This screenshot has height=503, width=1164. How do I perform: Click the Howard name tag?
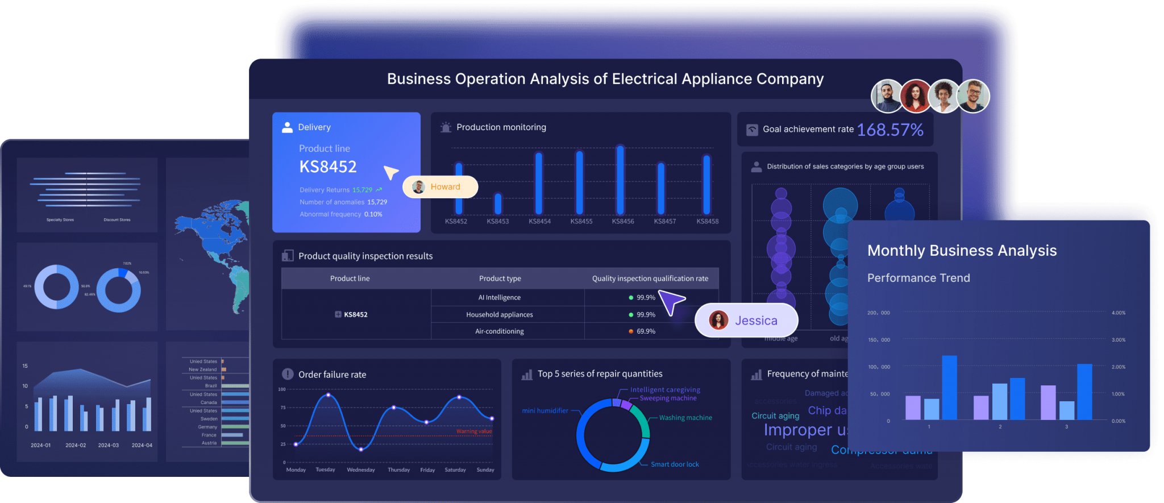440,187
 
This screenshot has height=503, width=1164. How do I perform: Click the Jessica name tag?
746,321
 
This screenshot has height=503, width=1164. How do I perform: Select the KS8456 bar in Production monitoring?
620,181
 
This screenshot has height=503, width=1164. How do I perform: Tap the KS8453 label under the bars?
498,221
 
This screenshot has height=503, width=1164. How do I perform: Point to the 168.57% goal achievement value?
889,130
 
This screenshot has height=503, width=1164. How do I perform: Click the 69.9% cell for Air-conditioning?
646,331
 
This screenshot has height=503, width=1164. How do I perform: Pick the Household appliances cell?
500,315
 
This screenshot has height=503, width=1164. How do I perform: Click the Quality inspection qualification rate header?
650,278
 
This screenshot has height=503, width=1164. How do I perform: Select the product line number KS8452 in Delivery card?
328,167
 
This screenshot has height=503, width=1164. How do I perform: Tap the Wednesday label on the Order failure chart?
361,470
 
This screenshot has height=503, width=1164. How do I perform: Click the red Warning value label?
473,431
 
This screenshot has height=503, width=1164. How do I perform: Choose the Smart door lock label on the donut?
675,464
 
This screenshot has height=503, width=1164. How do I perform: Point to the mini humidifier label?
545,410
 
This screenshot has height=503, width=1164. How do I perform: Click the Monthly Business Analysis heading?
962,251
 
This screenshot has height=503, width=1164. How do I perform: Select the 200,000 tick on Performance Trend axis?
878,313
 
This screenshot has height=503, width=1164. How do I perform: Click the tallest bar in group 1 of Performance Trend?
949,388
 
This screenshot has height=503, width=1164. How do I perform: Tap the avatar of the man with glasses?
973,97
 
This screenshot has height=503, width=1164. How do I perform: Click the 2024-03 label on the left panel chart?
109,446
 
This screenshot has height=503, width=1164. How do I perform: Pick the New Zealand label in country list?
203,369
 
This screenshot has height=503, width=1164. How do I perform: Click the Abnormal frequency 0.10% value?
373,214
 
